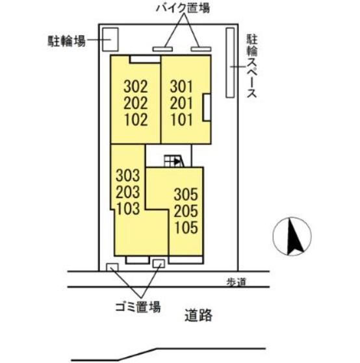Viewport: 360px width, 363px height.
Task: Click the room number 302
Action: click(136, 86)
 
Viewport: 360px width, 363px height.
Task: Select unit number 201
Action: click(181, 103)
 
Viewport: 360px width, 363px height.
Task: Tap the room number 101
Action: click(181, 119)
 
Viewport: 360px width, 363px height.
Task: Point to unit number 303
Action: click(127, 175)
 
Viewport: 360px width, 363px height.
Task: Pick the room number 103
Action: click(127, 208)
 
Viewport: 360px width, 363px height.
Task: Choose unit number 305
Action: click(186, 194)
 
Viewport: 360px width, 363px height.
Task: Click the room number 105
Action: click(186, 227)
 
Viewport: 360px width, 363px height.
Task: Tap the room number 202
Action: click(136, 103)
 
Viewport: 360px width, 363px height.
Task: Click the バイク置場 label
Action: click(183, 8)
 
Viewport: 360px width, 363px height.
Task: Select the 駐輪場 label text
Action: click(67, 41)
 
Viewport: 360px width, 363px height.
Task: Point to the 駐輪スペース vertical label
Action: click(252, 66)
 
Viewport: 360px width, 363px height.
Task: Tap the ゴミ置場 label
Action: click(138, 307)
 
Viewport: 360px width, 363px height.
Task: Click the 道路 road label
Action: click(199, 316)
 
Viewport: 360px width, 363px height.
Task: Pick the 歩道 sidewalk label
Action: click(236, 282)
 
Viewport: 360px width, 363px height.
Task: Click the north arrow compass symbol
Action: click(292, 236)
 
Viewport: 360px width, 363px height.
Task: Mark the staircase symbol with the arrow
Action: click(174, 161)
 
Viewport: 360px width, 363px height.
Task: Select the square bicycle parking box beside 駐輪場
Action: click(110, 40)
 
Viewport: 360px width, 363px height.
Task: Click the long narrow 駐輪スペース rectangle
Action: click(230, 62)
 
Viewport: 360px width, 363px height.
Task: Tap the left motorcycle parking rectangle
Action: click(162, 49)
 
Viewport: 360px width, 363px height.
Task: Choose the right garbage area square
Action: click(159, 264)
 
